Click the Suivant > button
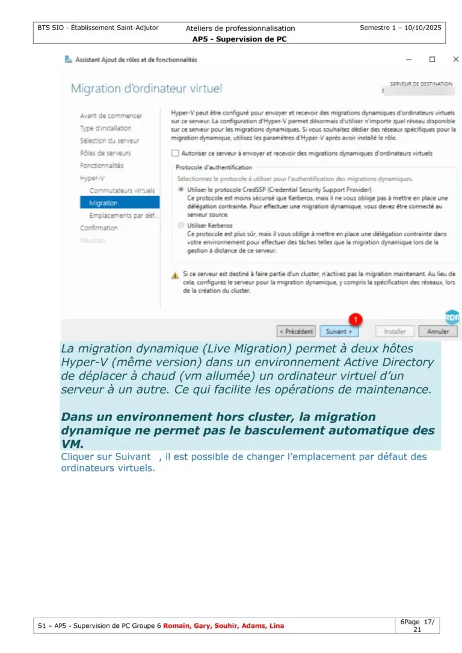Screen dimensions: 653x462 click(x=339, y=331)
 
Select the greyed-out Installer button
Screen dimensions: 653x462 click(x=395, y=331)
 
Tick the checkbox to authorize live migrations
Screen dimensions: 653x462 click(x=175, y=153)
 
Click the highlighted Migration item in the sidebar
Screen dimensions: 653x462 click(x=103, y=203)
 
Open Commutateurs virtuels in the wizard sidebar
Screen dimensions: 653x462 click(x=122, y=191)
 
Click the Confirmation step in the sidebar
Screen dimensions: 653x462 click(x=99, y=228)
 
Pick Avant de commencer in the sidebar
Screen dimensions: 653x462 click(x=111, y=115)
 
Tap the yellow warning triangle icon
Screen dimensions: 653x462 click(x=175, y=275)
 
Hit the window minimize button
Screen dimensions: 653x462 click(x=409, y=60)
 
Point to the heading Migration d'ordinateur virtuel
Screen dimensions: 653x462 click(x=146, y=88)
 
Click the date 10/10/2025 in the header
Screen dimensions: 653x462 click(x=421, y=28)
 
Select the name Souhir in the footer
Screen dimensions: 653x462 click(x=227, y=626)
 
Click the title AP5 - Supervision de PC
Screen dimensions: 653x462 click(x=239, y=39)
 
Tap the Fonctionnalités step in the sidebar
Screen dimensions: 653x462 click(x=102, y=165)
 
